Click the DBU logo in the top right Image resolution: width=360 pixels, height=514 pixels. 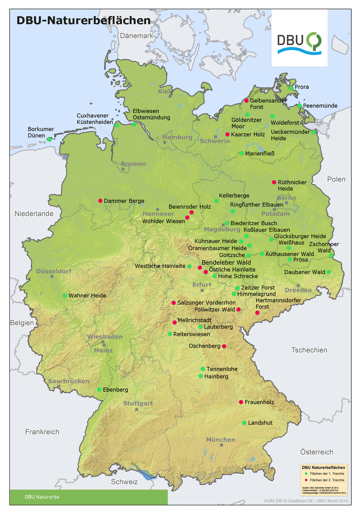[x=299, y=43]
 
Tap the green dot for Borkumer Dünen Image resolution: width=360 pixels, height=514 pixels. [x=49, y=139]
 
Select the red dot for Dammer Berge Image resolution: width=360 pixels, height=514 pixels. [x=100, y=201]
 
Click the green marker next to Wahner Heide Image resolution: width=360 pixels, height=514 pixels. [x=65, y=296]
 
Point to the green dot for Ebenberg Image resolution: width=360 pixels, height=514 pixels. [x=99, y=390]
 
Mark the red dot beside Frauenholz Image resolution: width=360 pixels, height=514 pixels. [x=241, y=402]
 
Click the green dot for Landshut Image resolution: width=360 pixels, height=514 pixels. [x=244, y=423]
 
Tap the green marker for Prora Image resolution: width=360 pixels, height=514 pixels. [x=291, y=88]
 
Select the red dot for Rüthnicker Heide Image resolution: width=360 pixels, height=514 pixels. [x=274, y=182]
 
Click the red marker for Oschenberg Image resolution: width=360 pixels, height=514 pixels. [x=224, y=346]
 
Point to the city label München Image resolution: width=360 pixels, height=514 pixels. [x=221, y=440]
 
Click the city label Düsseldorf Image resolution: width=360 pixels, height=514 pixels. [x=54, y=271]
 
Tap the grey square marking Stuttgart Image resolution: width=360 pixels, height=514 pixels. [x=136, y=409]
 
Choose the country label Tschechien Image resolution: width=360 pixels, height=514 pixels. [x=309, y=350]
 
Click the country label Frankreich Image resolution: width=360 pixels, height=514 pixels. [x=42, y=432]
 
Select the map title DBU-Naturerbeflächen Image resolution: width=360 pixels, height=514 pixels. [x=84, y=21]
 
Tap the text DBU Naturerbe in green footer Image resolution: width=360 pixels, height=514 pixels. [x=42, y=497]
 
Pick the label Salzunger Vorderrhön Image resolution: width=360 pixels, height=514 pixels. [x=206, y=303]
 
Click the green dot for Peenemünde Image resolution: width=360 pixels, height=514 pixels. [x=300, y=106]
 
